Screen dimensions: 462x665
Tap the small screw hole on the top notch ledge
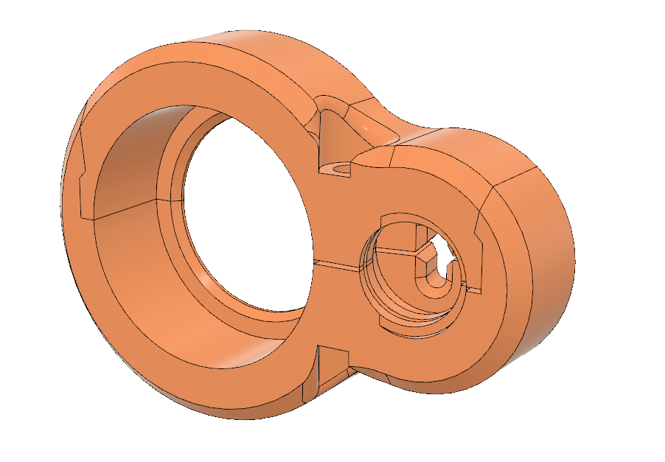[x=339, y=167]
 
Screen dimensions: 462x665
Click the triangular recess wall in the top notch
[x=332, y=136]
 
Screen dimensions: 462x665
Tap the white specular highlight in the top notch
[x=366, y=127]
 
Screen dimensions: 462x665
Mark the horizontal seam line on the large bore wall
[x=125, y=209]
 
